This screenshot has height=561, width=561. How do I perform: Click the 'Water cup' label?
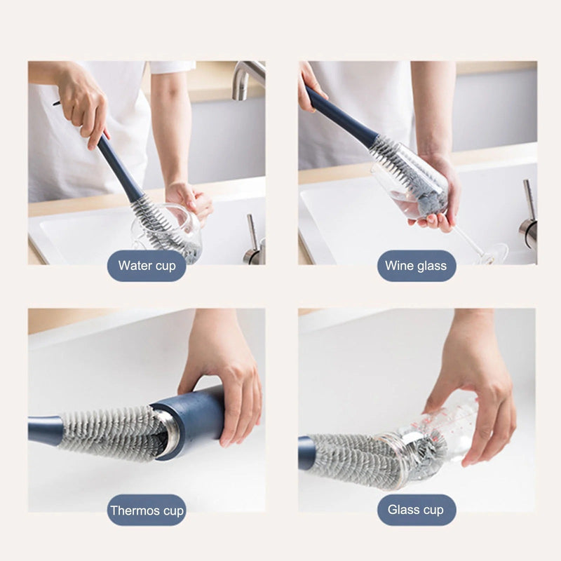point(147,266)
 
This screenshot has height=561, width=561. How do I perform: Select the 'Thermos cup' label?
point(147,511)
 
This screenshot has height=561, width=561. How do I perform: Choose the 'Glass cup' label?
point(417,511)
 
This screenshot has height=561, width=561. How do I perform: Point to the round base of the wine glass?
point(494,252)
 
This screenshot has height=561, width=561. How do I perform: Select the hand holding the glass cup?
point(477,393)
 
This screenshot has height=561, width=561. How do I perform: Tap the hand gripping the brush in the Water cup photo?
point(84,105)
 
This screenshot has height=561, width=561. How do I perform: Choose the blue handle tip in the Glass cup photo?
point(306,452)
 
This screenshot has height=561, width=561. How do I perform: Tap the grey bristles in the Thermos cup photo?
point(105,431)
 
